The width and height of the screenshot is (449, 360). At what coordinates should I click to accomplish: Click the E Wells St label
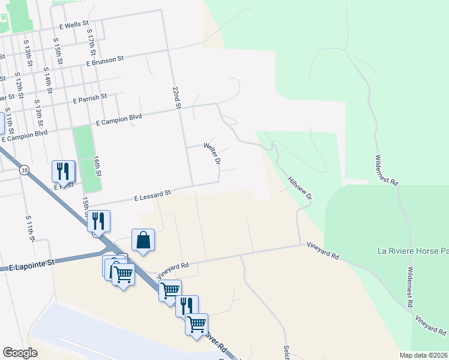(74, 26)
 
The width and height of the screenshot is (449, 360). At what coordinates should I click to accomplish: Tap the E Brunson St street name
(104, 61)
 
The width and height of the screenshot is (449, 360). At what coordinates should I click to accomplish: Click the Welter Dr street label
(212, 154)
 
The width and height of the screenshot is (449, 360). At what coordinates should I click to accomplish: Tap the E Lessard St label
(152, 194)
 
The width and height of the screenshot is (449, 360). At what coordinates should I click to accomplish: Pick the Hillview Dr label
(300, 188)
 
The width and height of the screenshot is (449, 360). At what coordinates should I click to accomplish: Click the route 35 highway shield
(23, 170)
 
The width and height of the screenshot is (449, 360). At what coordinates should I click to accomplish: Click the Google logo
(20, 352)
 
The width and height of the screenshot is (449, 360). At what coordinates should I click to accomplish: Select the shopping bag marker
(143, 240)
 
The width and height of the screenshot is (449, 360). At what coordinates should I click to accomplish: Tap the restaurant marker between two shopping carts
(187, 305)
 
